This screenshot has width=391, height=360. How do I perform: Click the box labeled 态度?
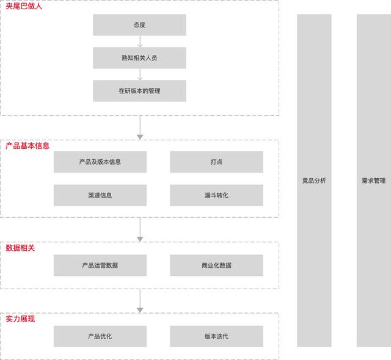tap(139, 25)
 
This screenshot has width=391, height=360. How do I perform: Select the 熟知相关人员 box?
tap(139, 58)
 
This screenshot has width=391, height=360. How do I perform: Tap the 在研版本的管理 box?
tap(139, 91)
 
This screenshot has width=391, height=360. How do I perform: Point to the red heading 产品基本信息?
tap(27, 146)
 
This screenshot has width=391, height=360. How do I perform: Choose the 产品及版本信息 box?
tap(100, 162)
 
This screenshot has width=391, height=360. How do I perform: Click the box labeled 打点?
tap(216, 162)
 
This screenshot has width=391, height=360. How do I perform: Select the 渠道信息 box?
tap(100, 195)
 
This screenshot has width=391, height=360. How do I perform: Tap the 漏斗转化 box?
tap(216, 195)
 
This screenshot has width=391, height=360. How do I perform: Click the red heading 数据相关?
tap(20, 248)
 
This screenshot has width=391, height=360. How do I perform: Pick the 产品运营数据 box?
tap(100, 265)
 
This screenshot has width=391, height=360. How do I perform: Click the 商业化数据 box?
tap(216, 265)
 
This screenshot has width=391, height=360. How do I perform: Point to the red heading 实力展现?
tap(20, 319)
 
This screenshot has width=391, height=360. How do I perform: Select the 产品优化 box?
tap(100, 336)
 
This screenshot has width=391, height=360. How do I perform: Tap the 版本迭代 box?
tap(216, 336)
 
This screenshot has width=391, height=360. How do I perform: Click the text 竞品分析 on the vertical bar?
tap(314, 181)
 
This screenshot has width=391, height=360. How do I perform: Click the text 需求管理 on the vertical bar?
tap(373, 181)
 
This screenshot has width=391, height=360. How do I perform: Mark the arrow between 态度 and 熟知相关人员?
tap(139, 41)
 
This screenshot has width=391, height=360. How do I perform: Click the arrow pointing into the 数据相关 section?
tap(139, 229)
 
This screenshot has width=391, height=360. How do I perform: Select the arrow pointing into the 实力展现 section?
tap(139, 301)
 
